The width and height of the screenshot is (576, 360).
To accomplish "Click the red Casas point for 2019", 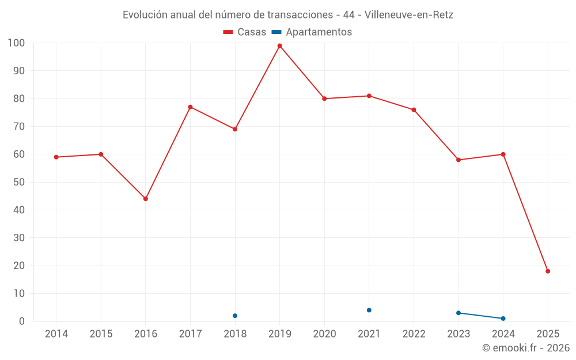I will (x=280, y=46).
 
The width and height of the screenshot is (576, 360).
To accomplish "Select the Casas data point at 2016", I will (x=146, y=199).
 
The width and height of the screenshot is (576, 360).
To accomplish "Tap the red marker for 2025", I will (x=548, y=271).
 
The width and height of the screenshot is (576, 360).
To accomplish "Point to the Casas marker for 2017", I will (x=190, y=107).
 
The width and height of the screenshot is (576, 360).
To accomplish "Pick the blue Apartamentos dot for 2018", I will (x=235, y=316).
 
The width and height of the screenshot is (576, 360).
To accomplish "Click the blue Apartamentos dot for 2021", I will (x=369, y=310).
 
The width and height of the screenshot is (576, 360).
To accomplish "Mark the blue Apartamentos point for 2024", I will (x=503, y=319).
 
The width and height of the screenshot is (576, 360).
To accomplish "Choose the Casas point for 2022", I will (x=414, y=110).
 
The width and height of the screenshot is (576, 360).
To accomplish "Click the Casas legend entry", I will (x=245, y=32).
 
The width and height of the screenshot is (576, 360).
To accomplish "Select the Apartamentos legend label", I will (x=319, y=32).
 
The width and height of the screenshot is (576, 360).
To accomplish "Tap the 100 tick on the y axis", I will (x=16, y=43).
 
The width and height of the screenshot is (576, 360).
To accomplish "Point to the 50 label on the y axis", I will (x=19, y=182).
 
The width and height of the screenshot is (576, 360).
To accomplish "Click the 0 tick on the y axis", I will (x=22, y=321).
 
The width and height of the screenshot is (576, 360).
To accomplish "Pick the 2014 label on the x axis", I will (x=56, y=334).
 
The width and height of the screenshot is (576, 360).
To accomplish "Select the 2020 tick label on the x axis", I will (x=324, y=334).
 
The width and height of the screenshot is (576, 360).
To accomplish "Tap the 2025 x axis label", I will (x=548, y=334).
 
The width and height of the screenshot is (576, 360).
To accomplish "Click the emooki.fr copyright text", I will (x=526, y=348).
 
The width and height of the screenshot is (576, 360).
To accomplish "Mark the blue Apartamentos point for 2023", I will (x=458, y=313).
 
